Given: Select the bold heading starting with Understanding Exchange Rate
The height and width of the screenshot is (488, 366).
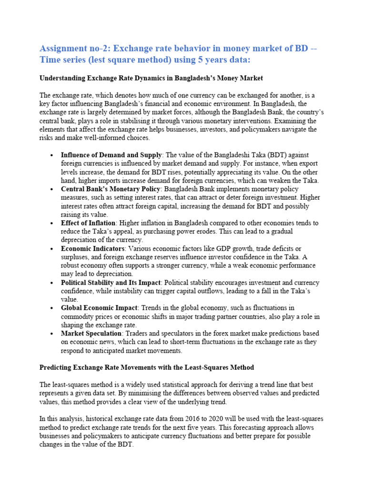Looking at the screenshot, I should coord(151,78).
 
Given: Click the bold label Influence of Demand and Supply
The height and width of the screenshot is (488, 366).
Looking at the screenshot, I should coord(112,155).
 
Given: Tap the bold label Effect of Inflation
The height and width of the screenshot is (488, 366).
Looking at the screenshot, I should coord(88,223).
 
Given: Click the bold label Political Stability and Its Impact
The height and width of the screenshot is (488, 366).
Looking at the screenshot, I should coord(111,283).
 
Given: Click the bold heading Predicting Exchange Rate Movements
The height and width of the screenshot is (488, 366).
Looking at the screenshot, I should coord(147,367).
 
